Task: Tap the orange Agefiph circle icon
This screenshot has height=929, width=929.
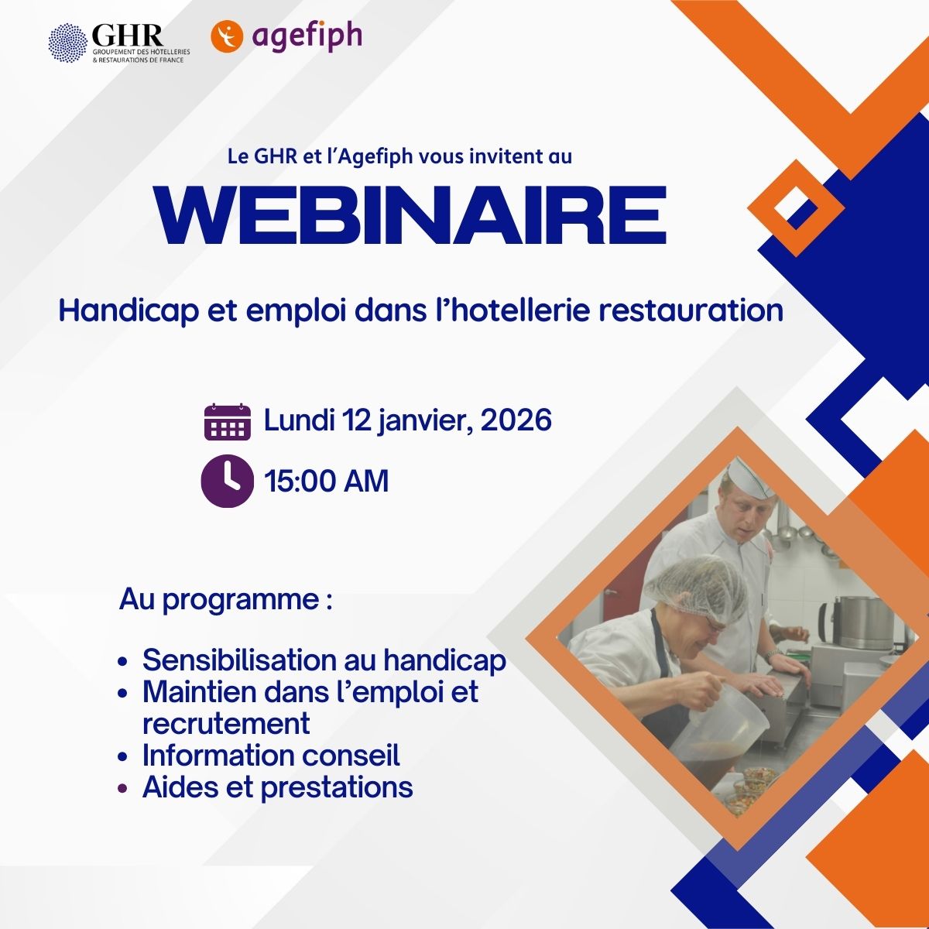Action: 227,36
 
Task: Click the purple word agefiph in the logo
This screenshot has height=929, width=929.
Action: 307,36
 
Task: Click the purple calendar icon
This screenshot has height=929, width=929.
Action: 228,422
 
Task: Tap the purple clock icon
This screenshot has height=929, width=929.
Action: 227,481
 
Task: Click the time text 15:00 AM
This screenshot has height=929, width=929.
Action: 327,481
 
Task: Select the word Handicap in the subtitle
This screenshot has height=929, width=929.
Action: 129,311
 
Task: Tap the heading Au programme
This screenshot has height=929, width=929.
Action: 226,601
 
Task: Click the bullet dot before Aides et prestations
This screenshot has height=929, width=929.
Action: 123,789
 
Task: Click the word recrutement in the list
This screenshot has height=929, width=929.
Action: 226,724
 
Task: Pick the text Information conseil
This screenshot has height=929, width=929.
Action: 271,755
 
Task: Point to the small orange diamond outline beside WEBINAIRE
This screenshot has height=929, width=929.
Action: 796,208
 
